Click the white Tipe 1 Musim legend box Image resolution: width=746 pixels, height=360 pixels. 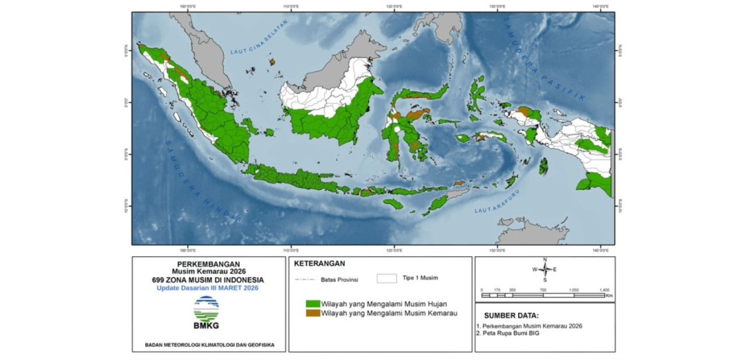pos(387,278)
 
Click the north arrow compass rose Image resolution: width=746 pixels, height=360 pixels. pos(545,269)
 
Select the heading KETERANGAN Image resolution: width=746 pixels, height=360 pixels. pos(319,263)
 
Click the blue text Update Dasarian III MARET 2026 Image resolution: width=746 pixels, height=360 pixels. pos(209,287)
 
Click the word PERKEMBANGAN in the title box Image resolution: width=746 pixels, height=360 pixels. pos(209,264)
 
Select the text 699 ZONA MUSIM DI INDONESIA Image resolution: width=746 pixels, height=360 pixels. pos(209,279)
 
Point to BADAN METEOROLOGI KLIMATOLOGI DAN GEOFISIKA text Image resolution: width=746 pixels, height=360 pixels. pos(209,343)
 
